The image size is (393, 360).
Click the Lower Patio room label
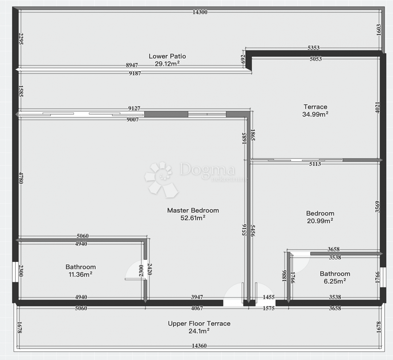pyautogui.click(x=167, y=56)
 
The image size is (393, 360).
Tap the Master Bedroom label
pyautogui.click(x=193, y=210)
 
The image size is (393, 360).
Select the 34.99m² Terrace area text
pyautogui.click(x=315, y=114)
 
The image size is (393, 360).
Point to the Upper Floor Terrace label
pyautogui.click(x=199, y=324)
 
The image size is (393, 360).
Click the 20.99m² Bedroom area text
pyautogui.click(x=320, y=221)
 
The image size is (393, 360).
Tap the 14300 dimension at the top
pyautogui.click(x=200, y=12)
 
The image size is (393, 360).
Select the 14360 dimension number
pyautogui.click(x=199, y=351)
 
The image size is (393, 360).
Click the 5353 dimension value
pyautogui.click(x=313, y=48)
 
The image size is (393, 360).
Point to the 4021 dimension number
pyautogui.click(x=377, y=108)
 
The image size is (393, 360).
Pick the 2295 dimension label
pyautogui.click(x=21, y=39)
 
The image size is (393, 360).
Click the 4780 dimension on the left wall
pyautogui.click(x=21, y=178)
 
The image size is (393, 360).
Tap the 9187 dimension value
pyautogui.click(x=135, y=73)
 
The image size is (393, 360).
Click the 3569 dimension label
pyautogui.click(x=377, y=207)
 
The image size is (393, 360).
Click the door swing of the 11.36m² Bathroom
pyautogui.click(x=135, y=270)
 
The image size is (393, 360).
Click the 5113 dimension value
pyautogui.click(x=315, y=164)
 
